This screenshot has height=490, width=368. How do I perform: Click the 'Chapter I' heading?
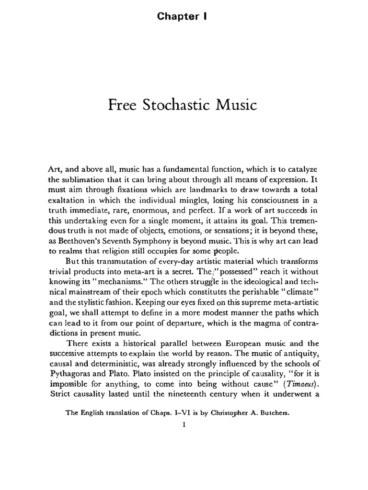point(184,16)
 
